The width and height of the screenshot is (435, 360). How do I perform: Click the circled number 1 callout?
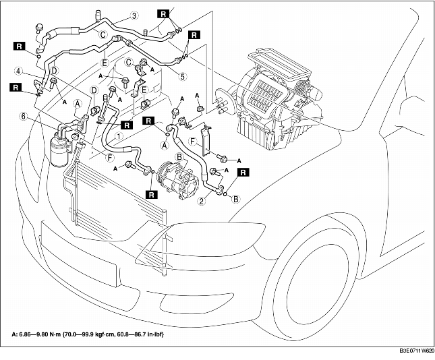point(119,135)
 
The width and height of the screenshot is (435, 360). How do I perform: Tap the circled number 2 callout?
point(201,200)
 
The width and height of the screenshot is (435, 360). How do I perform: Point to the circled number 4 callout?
point(20,70)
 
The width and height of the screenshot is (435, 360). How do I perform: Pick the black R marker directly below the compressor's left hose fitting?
point(153,193)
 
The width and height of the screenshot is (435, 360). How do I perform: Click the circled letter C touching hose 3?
point(103,34)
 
